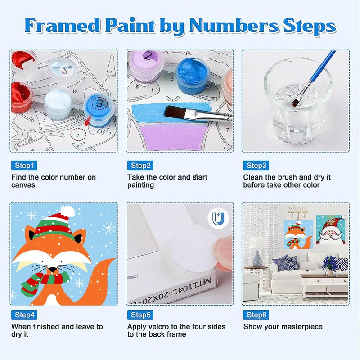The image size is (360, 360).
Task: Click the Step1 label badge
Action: tap(24, 165)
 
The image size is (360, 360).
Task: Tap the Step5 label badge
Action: tap(140, 315)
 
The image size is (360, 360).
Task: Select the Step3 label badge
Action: tap(256, 165)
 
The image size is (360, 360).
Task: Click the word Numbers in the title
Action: tap(234, 26)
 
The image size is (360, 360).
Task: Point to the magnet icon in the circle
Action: tap(218, 218)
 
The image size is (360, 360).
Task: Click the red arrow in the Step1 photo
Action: tap(88, 121)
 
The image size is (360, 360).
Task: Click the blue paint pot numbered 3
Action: tap(99, 109)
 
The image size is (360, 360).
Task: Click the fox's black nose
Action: tap(53, 270)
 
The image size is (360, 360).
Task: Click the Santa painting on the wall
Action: tap(331, 229)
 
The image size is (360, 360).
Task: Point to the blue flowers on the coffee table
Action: tap(330, 262)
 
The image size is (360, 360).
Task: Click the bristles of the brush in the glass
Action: tap(297, 101)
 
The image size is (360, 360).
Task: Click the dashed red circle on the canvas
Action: tap(78, 135)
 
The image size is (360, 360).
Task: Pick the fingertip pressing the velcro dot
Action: tap(223, 252)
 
